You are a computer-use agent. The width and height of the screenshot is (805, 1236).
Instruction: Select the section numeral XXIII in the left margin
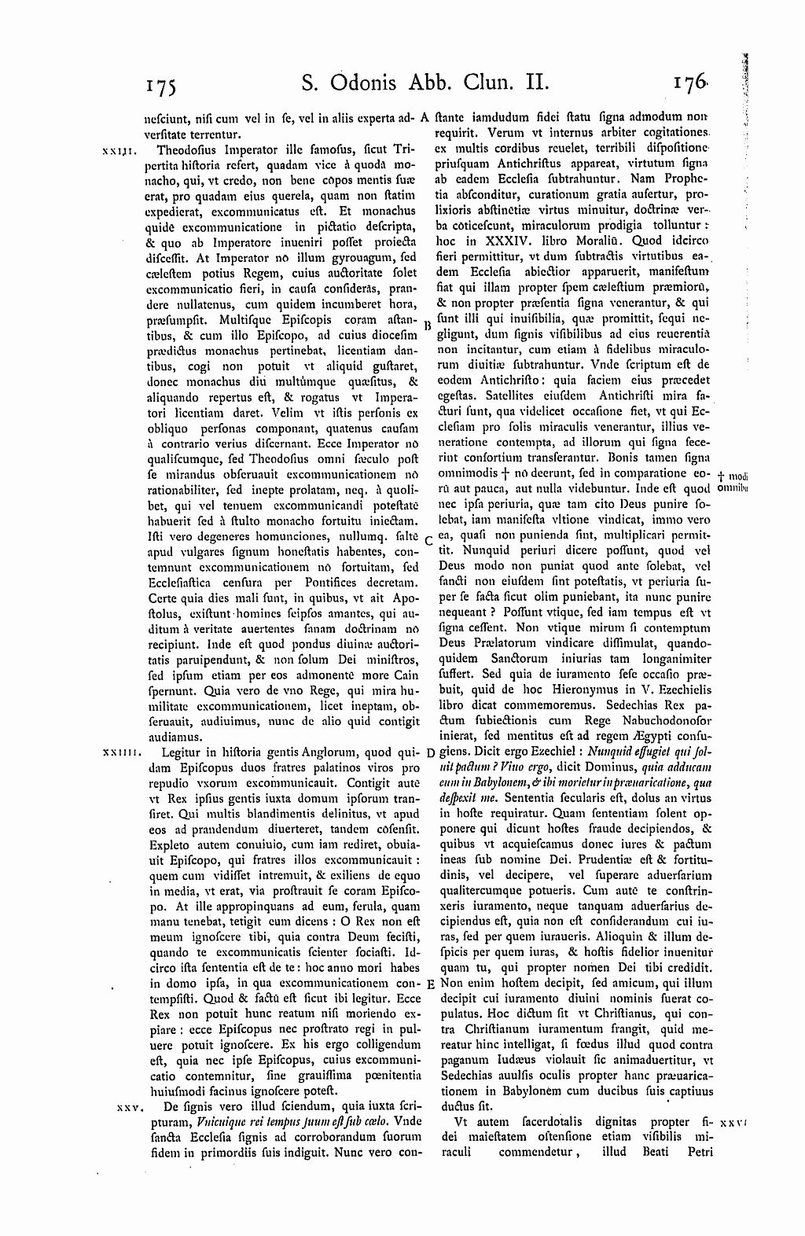pos(119,149)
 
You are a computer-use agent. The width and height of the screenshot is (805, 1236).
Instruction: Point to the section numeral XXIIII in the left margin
pos(121,752)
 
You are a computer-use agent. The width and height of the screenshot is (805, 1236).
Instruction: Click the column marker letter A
pos(424,119)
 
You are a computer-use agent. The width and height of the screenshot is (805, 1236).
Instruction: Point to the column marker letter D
pos(430,752)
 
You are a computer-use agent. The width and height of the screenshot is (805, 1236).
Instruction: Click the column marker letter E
pos(431,984)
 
